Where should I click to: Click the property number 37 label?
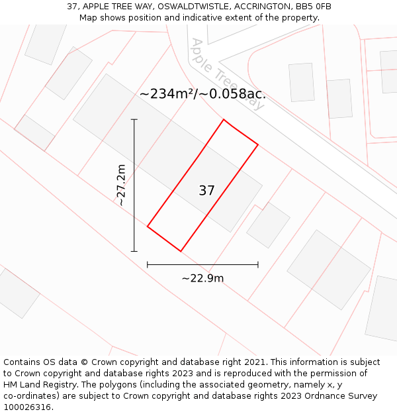(x=206, y=191)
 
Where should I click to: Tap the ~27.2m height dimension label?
(x=121, y=185)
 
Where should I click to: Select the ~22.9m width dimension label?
(x=202, y=278)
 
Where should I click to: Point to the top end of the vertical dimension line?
(x=134, y=120)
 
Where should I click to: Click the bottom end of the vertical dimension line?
(x=134, y=251)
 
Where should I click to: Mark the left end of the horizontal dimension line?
(x=148, y=265)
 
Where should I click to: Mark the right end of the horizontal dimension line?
(x=258, y=265)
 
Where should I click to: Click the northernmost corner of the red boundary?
(x=224, y=120)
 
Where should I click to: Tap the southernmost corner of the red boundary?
(x=181, y=251)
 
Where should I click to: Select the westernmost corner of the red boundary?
(x=148, y=227)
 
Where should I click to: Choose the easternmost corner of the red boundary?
(x=258, y=144)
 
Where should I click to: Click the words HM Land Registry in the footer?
(x=36, y=385)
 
